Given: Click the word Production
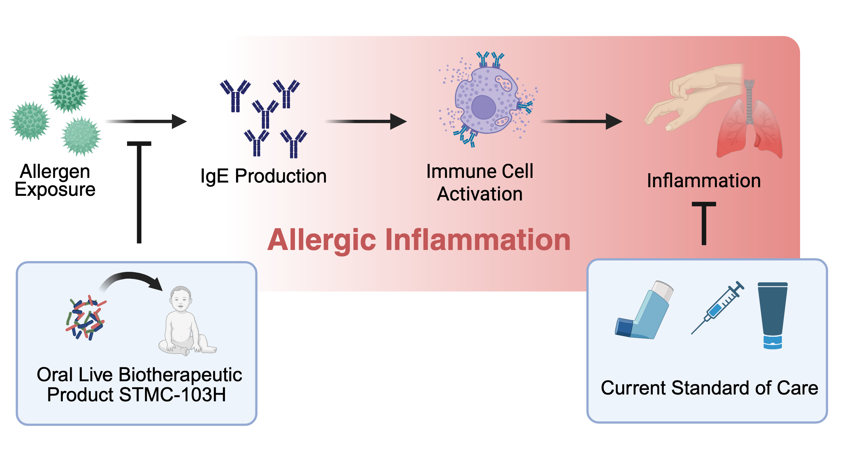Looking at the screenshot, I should point(281,176).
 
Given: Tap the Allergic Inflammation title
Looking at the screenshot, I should point(419,240).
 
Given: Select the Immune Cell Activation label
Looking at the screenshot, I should point(480,183).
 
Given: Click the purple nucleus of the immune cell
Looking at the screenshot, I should point(483,107).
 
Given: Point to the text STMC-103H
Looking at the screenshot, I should point(172,395).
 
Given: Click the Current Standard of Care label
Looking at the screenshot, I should point(709,388).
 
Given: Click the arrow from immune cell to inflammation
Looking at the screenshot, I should point(581,122).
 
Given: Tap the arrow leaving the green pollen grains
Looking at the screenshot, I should point(145,122).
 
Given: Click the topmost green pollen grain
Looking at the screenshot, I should point(68,93).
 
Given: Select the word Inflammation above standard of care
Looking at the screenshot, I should point(704,180).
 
